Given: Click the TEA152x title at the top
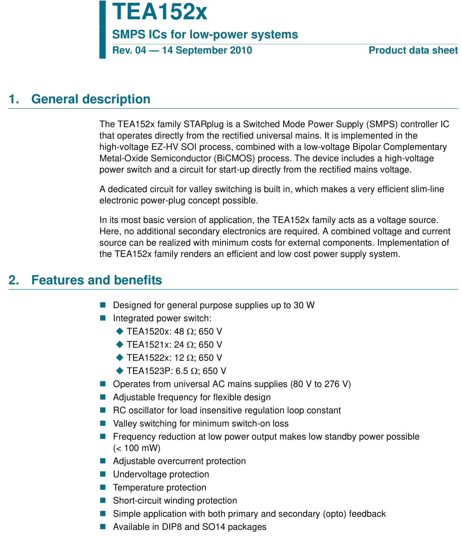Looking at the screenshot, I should pos(160,12).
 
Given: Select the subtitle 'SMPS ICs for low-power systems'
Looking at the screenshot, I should pos(205,34).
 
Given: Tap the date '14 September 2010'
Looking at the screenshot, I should pos(207,50).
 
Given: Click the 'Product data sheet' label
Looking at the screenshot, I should pos(413,50).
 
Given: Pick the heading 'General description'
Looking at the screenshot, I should pos(91,99).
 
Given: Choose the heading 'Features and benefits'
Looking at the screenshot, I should pos(96,280).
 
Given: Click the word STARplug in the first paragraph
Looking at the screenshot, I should pos(204,124).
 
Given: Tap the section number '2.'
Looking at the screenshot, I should pos(14,280).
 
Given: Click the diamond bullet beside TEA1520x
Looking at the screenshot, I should pos(120,331).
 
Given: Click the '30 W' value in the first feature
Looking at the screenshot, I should pos(304,305).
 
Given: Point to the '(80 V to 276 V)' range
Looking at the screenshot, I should pos(320,384).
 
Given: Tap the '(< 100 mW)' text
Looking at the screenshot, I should pos(137,448).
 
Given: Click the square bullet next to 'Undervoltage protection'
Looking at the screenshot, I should pos(103,474).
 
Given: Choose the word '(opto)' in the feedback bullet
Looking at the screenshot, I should pos(334,514).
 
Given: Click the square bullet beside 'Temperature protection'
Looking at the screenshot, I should pos(103,487).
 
